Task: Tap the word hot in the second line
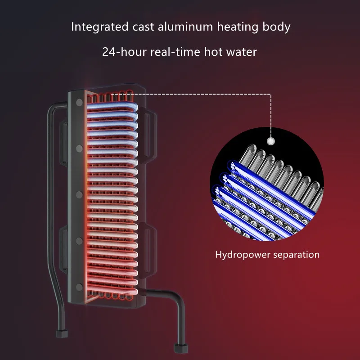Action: point(212,52)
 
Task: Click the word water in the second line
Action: point(242,52)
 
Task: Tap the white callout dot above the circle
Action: point(271,141)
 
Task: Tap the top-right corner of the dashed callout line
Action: point(271,94)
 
